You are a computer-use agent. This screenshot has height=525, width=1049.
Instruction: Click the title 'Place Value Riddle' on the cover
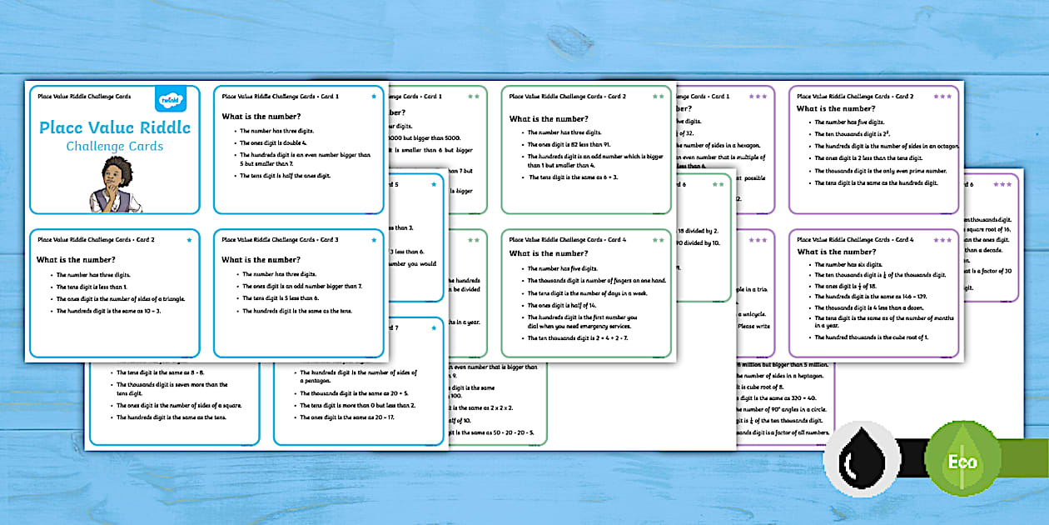point(115,127)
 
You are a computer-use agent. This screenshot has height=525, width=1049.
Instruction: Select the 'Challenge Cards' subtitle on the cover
point(115,147)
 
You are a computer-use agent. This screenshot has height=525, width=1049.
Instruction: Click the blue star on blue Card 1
point(373,97)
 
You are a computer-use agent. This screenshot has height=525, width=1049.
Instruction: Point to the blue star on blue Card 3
point(373,240)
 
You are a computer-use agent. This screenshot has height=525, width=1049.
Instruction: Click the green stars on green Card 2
point(659,97)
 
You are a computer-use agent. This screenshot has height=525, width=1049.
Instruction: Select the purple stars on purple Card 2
point(942,97)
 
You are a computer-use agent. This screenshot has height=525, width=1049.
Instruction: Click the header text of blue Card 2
point(96,240)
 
